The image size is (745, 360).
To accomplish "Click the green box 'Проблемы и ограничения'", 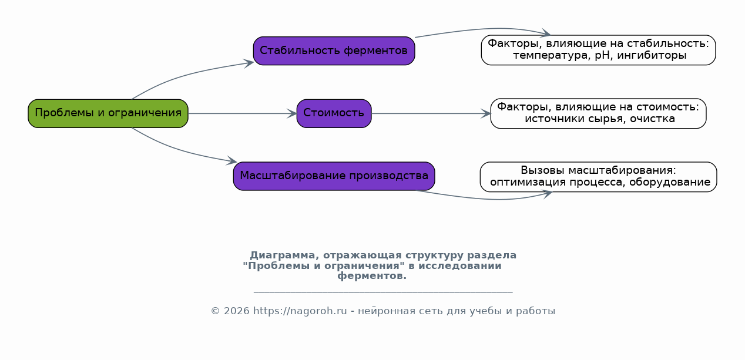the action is (x=108, y=113).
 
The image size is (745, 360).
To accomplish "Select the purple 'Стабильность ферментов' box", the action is (x=334, y=51).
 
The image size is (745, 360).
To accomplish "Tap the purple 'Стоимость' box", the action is (x=334, y=113).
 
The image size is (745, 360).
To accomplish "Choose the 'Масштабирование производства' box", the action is (x=334, y=176).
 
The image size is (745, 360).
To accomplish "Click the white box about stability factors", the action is (x=598, y=50).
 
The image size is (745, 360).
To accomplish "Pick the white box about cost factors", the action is (x=598, y=113).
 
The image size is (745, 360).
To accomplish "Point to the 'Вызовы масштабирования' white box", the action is (x=598, y=177).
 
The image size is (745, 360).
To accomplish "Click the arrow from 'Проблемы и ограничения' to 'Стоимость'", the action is (x=243, y=114).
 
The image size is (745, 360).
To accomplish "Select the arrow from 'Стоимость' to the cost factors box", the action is (x=431, y=114).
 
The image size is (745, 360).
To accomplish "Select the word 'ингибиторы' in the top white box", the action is (x=652, y=56).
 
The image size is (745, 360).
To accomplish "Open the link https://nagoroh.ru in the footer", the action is (x=300, y=311).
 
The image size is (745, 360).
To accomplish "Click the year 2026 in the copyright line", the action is (x=236, y=311).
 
